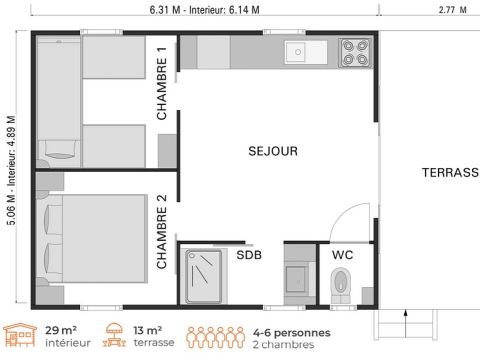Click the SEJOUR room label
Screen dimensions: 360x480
click(273, 151)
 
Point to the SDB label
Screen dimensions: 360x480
click(249, 255)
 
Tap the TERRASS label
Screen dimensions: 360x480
click(450, 173)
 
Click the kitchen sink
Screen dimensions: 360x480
click(297, 51)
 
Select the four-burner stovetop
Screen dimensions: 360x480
click(354, 51)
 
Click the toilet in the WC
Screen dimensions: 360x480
click(341, 281)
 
